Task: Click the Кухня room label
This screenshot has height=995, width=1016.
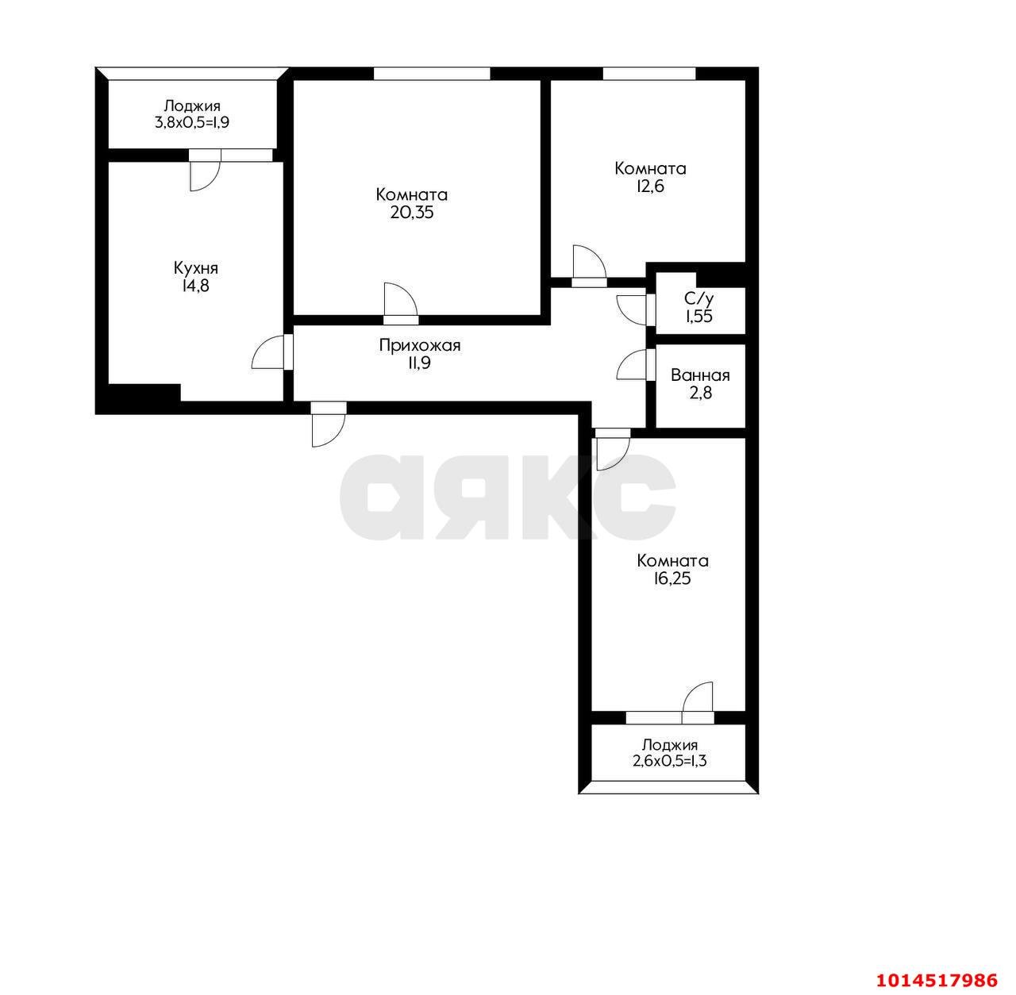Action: pyautogui.click(x=195, y=268)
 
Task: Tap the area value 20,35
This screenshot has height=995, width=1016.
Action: pyautogui.click(x=412, y=213)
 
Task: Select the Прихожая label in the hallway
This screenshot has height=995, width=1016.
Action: pyautogui.click(x=420, y=346)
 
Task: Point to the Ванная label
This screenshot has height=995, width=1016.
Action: pyautogui.click(x=700, y=375)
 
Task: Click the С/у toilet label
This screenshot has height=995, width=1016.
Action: pyautogui.click(x=699, y=298)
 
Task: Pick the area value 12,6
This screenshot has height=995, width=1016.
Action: pyautogui.click(x=650, y=186)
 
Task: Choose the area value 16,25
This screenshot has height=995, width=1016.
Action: pyautogui.click(x=672, y=578)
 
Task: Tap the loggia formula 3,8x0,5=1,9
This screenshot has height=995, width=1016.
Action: pyautogui.click(x=192, y=123)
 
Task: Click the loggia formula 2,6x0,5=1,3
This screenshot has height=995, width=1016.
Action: pyautogui.click(x=670, y=761)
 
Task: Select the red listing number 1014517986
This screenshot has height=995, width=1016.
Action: pyautogui.click(x=937, y=980)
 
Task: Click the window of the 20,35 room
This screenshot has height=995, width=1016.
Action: pyautogui.click(x=433, y=74)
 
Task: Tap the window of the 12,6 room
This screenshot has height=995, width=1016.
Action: pyautogui.click(x=649, y=74)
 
